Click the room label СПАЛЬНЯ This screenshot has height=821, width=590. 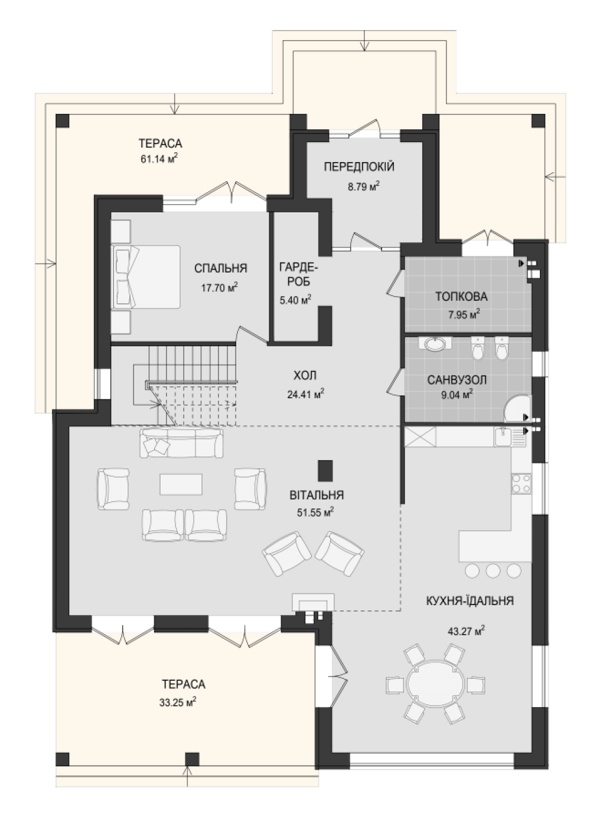220,268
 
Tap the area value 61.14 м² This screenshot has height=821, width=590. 159,158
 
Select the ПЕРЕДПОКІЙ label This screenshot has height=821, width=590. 359,167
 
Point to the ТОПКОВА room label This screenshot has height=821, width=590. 462,297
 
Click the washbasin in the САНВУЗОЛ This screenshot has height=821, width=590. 435,344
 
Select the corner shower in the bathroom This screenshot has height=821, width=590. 518,408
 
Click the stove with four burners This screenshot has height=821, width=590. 521,483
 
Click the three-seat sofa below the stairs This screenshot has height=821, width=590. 182,443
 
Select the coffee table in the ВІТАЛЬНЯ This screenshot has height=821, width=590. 181,484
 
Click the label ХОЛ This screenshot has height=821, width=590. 305,375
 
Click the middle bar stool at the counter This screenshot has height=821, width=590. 493,571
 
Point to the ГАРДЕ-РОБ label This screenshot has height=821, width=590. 299,274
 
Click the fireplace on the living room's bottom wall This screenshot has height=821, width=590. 313,603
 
